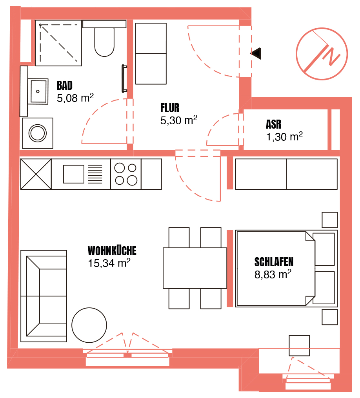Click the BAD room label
pos(64,85)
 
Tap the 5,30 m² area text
pos(179,120)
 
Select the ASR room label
pos(273,124)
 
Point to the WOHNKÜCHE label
pos(112,251)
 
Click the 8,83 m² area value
pos(273,274)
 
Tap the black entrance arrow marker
pos(256,54)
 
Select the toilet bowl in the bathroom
pos(104,42)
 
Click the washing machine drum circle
pos(38,133)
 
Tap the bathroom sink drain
pos(38,91)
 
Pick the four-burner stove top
pos(125,174)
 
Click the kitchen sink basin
pos(74,174)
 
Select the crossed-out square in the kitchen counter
pos(36,174)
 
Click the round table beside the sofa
pos(89,325)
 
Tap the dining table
pos(195,268)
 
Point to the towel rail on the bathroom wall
pos(124,79)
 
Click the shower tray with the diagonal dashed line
pos(59,43)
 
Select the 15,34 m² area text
pos(109,263)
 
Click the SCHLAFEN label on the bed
pos(274,262)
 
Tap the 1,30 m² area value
pos(284,136)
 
